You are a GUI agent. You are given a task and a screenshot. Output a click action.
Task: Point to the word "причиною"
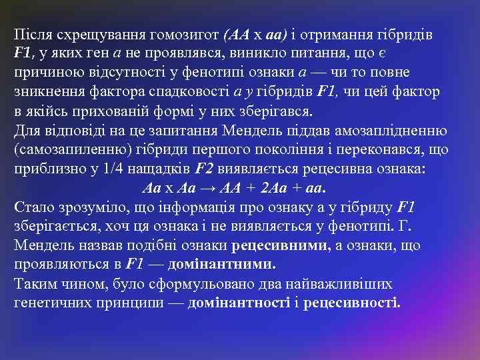pos(44,72)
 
